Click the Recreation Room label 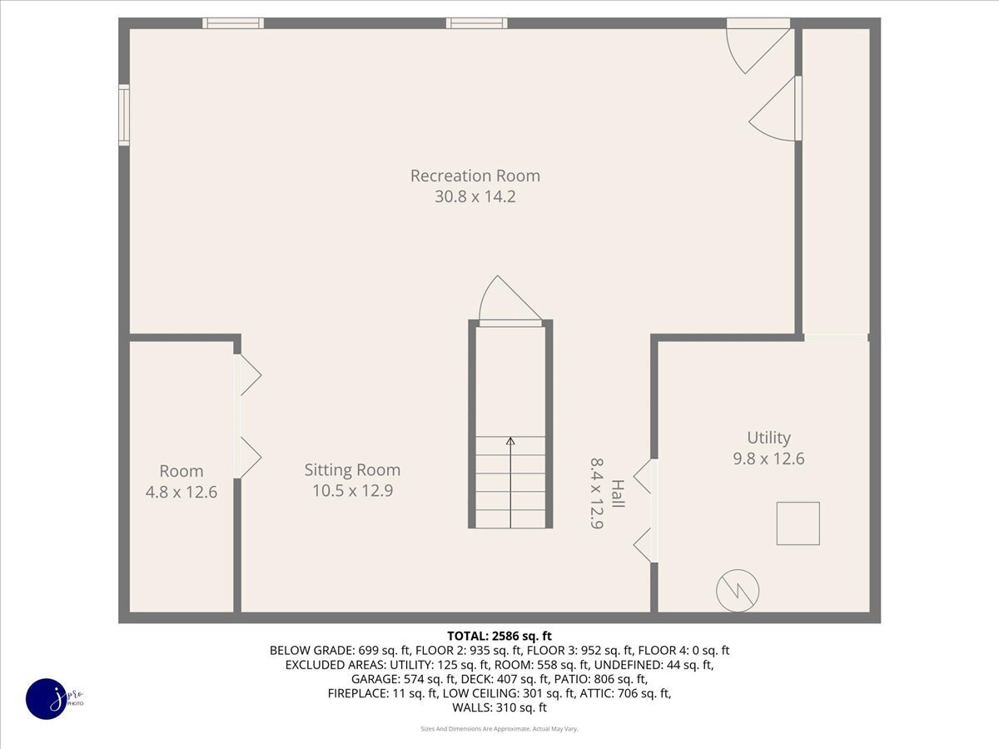click(475, 176)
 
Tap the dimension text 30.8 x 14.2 click(475, 197)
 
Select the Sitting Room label click(352, 469)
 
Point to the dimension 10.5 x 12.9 click(352, 491)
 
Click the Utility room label click(768, 437)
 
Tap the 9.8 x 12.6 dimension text click(768, 459)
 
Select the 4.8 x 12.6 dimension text click(181, 492)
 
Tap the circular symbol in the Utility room click(738, 591)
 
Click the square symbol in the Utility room click(798, 523)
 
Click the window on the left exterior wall click(124, 115)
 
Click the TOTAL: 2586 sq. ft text click(499, 635)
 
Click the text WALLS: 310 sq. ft click(499, 707)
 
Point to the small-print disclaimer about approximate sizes click(499, 728)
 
